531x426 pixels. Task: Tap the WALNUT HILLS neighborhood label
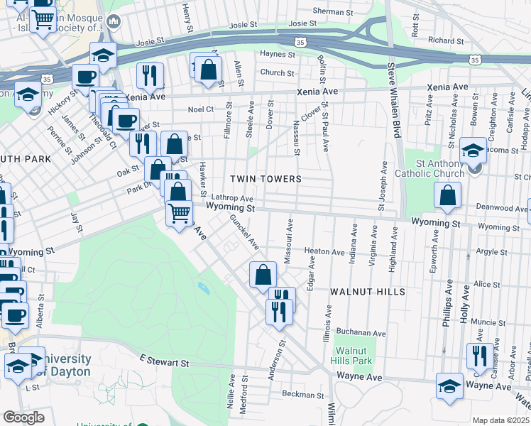(367, 292)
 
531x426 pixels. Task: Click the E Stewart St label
(164, 362)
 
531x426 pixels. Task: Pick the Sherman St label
(333, 12)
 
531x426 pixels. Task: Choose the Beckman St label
(302, 394)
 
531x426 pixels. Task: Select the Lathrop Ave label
(231, 198)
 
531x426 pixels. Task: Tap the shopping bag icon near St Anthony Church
(447, 195)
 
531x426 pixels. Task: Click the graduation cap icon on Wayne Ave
(449, 386)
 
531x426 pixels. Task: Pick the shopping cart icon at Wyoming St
(179, 212)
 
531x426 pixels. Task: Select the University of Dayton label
(65, 365)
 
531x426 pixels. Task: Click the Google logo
(23, 417)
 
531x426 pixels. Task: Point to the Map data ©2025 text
(500, 420)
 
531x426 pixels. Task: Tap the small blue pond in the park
(204, 288)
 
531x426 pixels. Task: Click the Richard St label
(446, 41)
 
